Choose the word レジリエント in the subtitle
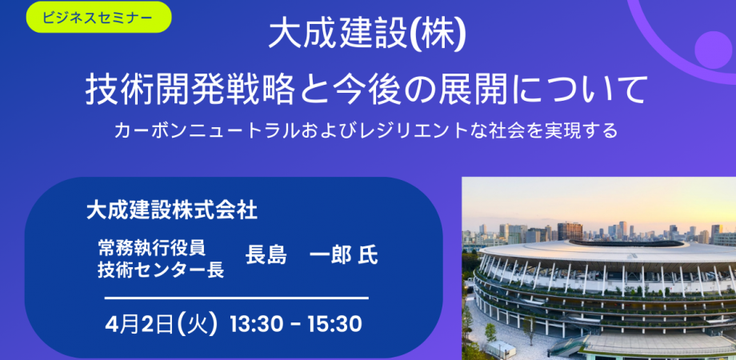442,130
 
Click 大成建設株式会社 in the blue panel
171,210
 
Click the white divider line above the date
237,298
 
